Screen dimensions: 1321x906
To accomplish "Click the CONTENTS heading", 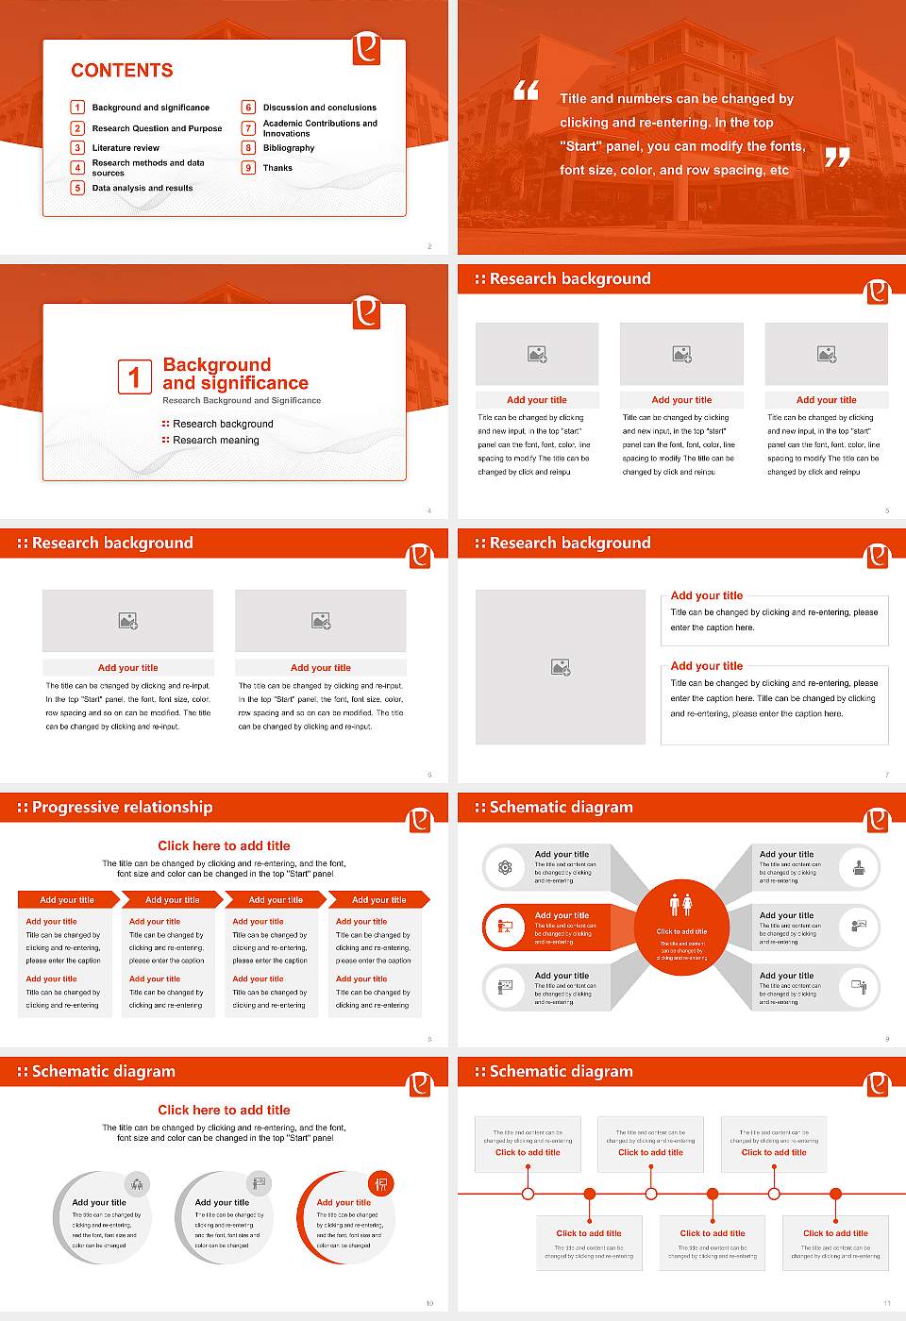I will [122, 71].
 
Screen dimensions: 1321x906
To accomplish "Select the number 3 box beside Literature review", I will [78, 148].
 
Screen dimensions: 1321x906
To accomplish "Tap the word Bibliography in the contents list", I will [289, 148].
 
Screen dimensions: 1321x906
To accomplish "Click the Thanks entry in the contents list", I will [277, 168].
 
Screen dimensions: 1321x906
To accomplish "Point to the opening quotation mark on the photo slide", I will [527, 91].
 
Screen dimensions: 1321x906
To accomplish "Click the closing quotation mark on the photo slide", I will [837, 158].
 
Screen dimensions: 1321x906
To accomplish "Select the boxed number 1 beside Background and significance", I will [134, 376].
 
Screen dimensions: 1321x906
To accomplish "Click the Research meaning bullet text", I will [216, 441].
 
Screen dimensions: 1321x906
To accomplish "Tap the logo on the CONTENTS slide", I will [366, 48].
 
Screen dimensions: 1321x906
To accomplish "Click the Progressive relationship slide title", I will [122, 808].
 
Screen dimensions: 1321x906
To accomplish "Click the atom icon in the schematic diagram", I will [505, 867].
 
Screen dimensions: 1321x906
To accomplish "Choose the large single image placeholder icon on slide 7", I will [561, 667].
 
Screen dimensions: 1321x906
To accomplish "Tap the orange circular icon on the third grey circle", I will [381, 1183].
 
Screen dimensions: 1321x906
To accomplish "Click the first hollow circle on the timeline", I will [528, 1194].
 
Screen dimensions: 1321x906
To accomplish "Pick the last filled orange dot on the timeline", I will [835, 1194].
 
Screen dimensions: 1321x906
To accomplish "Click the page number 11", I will [886, 1303].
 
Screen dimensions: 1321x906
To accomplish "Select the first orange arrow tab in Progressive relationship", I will [68, 900].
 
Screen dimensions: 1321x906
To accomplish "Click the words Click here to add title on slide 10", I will [224, 1111].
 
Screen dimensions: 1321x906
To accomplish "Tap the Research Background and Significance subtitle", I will [242, 401].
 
